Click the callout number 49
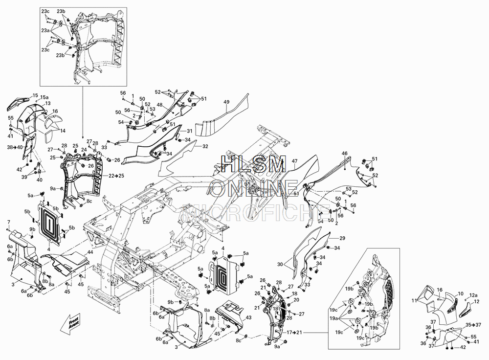[x=226, y=102]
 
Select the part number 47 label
[x=294, y=161]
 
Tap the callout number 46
[x=344, y=154]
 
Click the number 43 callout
[x=248, y=317]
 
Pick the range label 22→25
[x=116, y=175]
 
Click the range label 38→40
[x=15, y=147]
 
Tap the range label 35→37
[x=472, y=324]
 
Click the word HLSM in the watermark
[x=253, y=165]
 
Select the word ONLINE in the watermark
[x=254, y=187]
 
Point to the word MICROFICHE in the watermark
[x=254, y=211]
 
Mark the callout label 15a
[x=44, y=98]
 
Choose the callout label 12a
[x=473, y=295]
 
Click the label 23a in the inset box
[x=45, y=30]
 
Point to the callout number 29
[x=342, y=238]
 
